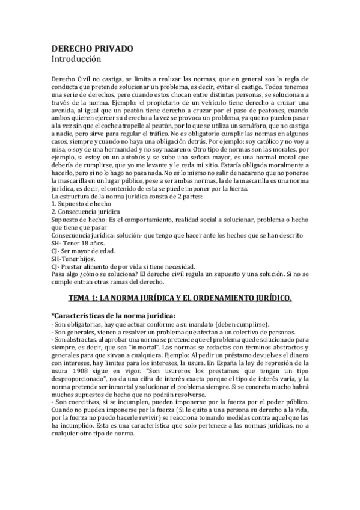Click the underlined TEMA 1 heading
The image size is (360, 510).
(x=179, y=297)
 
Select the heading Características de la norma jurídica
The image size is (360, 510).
(x=115, y=315)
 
